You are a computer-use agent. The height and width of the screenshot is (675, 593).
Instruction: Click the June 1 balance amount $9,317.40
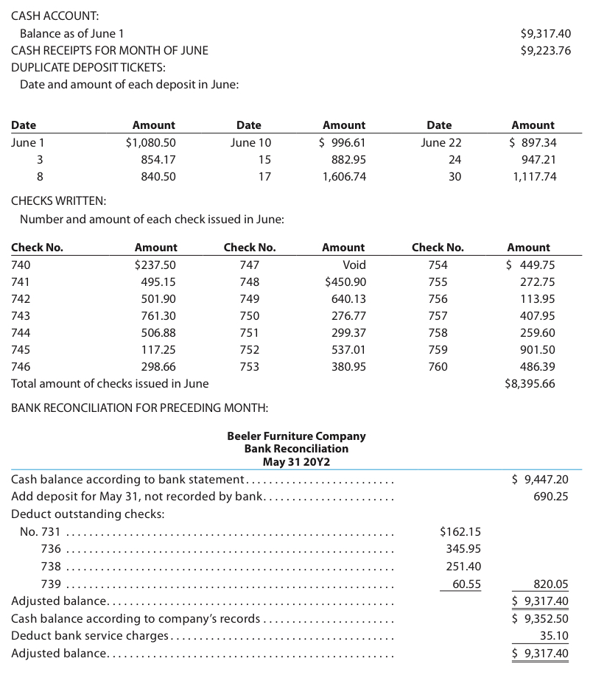point(545,33)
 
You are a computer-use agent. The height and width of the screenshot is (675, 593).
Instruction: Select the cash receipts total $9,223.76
point(545,51)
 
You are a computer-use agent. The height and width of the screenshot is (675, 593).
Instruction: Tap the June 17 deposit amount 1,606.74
point(344,177)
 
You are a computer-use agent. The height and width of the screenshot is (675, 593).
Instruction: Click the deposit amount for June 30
point(534,177)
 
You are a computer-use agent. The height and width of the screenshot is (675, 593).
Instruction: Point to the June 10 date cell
point(250,143)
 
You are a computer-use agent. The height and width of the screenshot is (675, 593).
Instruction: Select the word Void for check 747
point(354,265)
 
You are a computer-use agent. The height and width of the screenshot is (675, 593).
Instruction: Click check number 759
point(438,350)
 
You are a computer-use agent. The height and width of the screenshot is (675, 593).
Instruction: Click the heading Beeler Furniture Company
point(296,436)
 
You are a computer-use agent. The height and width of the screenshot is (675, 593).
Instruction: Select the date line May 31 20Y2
point(296,462)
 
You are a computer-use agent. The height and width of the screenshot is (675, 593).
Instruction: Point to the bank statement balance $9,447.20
point(540,480)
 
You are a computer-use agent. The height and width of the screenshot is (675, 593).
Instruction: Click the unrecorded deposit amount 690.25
point(550,497)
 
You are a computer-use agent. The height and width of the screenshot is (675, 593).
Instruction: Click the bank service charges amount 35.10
point(554,636)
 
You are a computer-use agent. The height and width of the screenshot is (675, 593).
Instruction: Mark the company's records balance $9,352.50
point(540,618)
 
